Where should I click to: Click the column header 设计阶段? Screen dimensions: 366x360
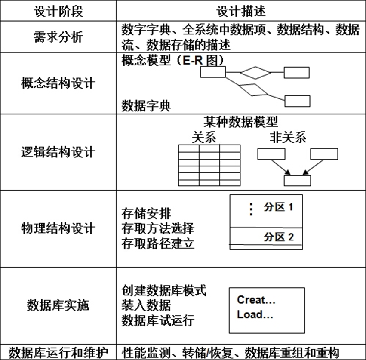point(58,11)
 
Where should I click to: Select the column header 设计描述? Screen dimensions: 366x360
point(241,11)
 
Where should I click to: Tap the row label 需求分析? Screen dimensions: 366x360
point(58,37)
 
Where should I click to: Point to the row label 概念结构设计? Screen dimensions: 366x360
point(58,83)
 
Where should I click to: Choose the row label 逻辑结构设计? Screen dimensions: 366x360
point(58,152)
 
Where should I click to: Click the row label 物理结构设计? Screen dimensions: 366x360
point(58,228)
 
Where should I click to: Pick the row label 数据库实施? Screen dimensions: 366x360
point(58,305)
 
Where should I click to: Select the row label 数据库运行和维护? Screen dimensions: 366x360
point(58,353)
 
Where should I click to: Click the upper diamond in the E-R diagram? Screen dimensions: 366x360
point(255,73)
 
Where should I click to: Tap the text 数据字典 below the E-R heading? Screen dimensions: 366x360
point(146,106)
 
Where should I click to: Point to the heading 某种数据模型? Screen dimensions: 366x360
point(241,122)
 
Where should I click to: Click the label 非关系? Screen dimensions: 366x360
point(288,137)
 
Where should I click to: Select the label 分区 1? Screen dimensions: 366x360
point(278,207)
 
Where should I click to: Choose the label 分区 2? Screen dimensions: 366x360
point(279,237)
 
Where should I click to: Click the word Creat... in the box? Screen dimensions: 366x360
point(256,300)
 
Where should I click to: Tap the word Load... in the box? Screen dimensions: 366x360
point(255,314)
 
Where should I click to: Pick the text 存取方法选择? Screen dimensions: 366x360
point(158,228)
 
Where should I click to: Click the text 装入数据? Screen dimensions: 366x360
point(146,305)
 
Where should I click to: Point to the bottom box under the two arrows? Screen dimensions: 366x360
point(297,181)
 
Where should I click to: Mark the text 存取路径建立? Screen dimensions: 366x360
point(158,243)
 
